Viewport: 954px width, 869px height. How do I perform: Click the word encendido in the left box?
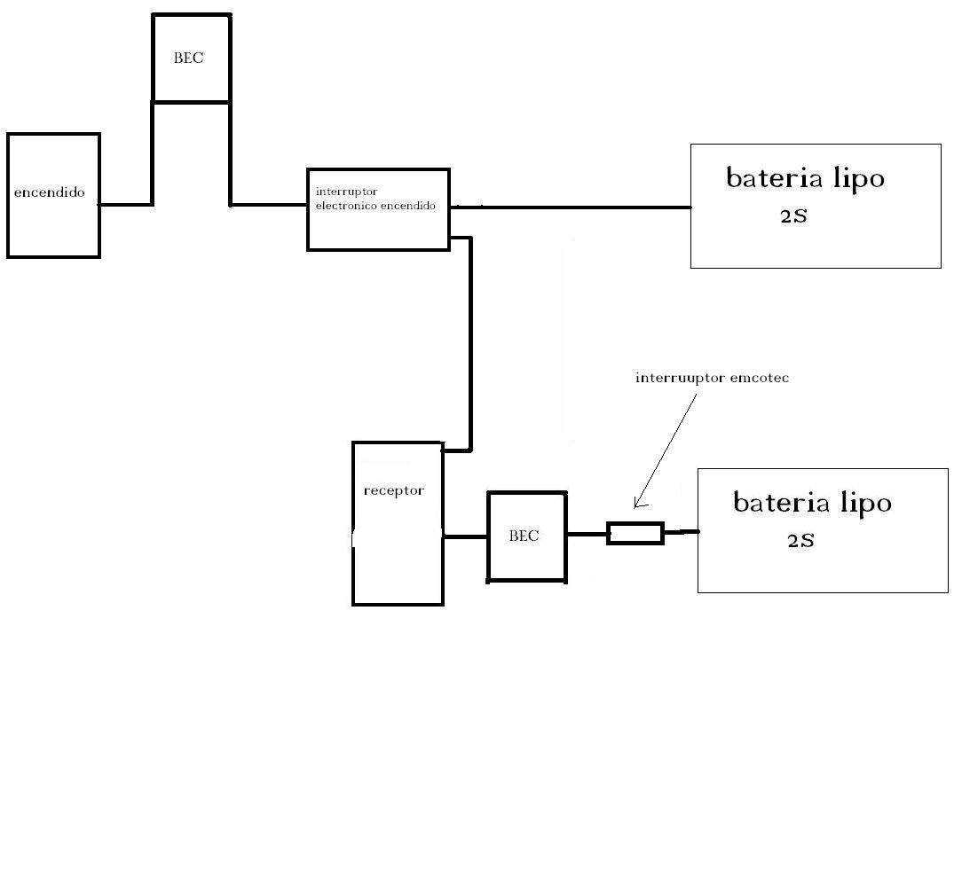click(50, 192)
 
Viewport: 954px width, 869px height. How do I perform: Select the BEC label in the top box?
click(188, 59)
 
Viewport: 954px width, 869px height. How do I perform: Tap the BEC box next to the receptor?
click(526, 536)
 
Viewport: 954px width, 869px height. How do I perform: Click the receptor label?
click(393, 490)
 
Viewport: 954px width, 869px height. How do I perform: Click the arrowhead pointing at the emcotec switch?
click(637, 505)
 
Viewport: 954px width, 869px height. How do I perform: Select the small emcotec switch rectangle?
click(635, 533)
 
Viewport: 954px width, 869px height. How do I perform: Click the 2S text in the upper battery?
click(793, 215)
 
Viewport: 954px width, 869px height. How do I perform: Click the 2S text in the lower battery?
click(800, 540)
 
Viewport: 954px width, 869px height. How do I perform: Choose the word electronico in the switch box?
click(346, 206)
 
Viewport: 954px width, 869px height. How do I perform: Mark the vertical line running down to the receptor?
click(469, 346)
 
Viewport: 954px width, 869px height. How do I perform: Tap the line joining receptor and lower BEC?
click(465, 536)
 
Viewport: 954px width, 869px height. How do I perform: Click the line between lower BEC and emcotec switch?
click(587, 533)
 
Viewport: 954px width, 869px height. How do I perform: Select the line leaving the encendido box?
click(124, 205)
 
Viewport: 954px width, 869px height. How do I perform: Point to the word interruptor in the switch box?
click(346, 192)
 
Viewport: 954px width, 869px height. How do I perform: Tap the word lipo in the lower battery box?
click(865, 503)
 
